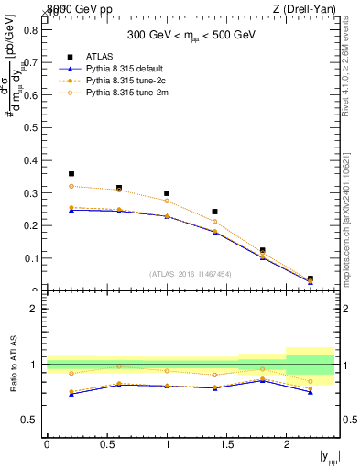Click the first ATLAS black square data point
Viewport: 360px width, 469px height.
(71, 173)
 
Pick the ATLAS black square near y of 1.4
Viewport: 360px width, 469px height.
(214, 212)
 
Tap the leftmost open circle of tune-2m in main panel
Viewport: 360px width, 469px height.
(71, 186)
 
